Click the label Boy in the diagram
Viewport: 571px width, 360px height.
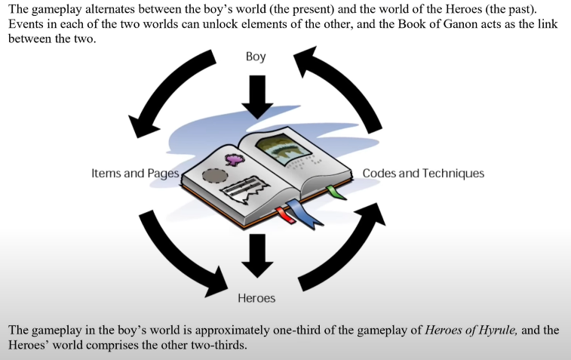pos(256,57)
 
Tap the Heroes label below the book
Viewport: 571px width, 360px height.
pos(256,298)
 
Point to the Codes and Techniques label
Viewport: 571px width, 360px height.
pos(423,174)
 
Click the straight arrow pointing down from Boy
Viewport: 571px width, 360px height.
pos(256,95)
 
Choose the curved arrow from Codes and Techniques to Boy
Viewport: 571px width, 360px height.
pos(347,87)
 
